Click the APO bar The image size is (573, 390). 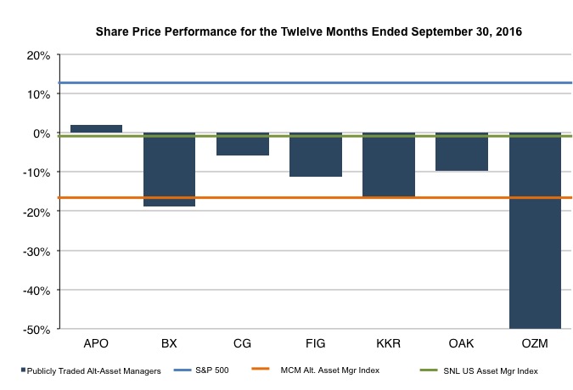(96, 129)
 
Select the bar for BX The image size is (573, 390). (169, 170)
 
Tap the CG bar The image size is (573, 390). (243, 144)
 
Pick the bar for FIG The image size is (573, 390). (316, 155)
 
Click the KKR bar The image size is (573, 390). (389, 165)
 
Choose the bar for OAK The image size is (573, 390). (462, 152)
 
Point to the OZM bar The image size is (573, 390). (535, 230)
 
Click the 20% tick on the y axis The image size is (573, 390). (39, 55)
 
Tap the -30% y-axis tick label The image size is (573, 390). (37, 252)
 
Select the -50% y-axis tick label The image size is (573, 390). (37, 330)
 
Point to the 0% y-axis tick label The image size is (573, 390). (42, 133)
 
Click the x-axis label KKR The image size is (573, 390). (389, 345)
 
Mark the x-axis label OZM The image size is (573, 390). (535, 345)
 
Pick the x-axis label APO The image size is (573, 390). (96, 345)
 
